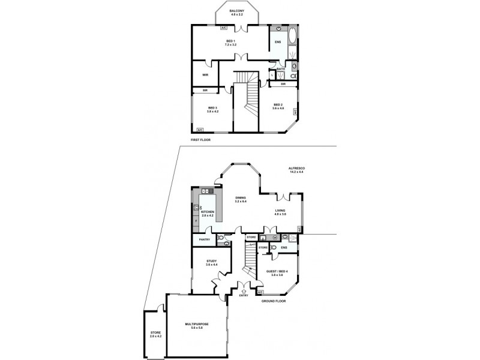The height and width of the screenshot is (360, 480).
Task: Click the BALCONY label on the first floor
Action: click(236, 11)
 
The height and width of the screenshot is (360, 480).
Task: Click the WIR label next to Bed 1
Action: click(205, 75)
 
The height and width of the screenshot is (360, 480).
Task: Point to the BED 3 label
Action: click(212, 108)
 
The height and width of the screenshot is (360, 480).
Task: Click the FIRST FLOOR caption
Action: click(201, 139)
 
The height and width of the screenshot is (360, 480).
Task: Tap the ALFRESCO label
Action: click(296, 169)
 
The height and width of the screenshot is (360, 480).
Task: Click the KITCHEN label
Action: click(208, 212)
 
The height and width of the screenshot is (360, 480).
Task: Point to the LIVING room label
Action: click(280, 211)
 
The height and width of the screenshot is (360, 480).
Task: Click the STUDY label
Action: click(211, 261)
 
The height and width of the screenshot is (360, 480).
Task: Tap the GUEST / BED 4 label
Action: click(277, 271)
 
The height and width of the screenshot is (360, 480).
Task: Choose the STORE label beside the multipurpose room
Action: click(155, 333)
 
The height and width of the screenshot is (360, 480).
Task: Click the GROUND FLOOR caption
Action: click(274, 301)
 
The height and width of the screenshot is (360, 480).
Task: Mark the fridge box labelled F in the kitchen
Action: click(196, 221)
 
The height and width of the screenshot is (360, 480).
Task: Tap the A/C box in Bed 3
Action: click(200, 129)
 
